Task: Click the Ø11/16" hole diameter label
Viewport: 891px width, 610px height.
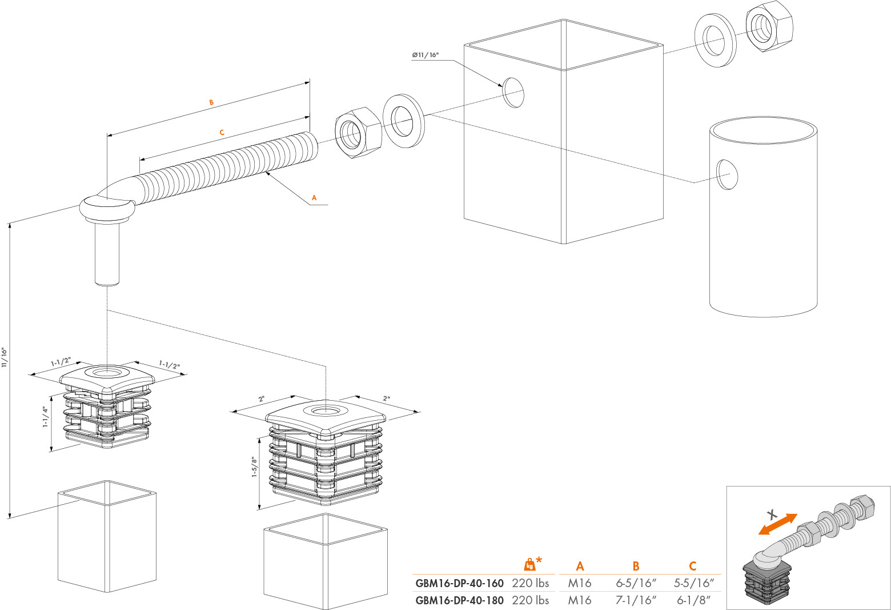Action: point(425,55)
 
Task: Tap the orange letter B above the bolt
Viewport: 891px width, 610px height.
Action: point(211,102)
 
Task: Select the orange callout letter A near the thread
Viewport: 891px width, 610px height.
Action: point(314,198)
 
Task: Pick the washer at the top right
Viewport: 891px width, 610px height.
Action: point(715,40)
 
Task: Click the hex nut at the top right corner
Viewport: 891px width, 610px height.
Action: point(769,26)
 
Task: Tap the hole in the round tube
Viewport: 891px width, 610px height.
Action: point(727,174)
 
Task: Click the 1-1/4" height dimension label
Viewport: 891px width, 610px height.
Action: point(46,417)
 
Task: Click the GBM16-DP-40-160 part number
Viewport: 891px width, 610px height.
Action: point(459,584)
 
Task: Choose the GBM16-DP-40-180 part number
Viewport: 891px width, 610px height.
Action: point(459,601)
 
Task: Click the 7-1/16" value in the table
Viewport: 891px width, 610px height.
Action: point(636,601)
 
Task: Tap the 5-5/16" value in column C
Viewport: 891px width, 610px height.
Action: point(693,584)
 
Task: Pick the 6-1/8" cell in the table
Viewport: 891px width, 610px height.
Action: point(693,601)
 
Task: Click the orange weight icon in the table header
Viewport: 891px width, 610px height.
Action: point(529,565)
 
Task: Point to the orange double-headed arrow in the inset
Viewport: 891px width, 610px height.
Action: point(777,524)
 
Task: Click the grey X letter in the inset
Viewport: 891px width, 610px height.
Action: point(771,514)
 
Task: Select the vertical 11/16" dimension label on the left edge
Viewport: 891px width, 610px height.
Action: point(5,357)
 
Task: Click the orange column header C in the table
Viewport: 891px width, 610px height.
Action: point(693,566)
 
